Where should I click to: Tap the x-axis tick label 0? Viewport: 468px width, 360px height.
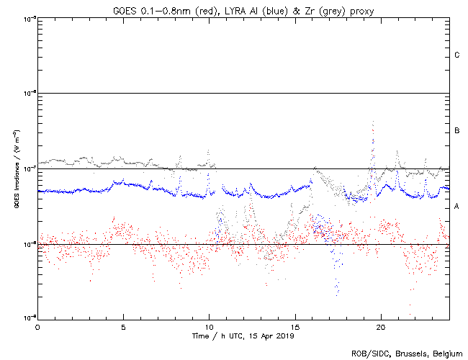point(37,328)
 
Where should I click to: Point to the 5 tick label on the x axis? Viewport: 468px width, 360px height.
point(123,328)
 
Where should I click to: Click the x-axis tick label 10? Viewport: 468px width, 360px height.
point(209,328)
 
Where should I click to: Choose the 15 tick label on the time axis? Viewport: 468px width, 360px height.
point(294,328)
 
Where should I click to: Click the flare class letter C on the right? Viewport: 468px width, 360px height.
point(457,55)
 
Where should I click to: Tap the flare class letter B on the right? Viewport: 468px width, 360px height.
point(457,131)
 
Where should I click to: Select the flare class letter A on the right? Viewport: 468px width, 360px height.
point(457,207)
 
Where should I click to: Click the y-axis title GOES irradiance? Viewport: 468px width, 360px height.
point(15,180)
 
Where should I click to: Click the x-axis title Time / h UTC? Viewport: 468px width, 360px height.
point(217,336)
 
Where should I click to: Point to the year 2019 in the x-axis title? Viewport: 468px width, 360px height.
point(284,336)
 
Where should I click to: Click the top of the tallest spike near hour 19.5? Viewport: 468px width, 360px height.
point(373,123)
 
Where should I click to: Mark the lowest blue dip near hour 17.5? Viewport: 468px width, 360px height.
point(336,294)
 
